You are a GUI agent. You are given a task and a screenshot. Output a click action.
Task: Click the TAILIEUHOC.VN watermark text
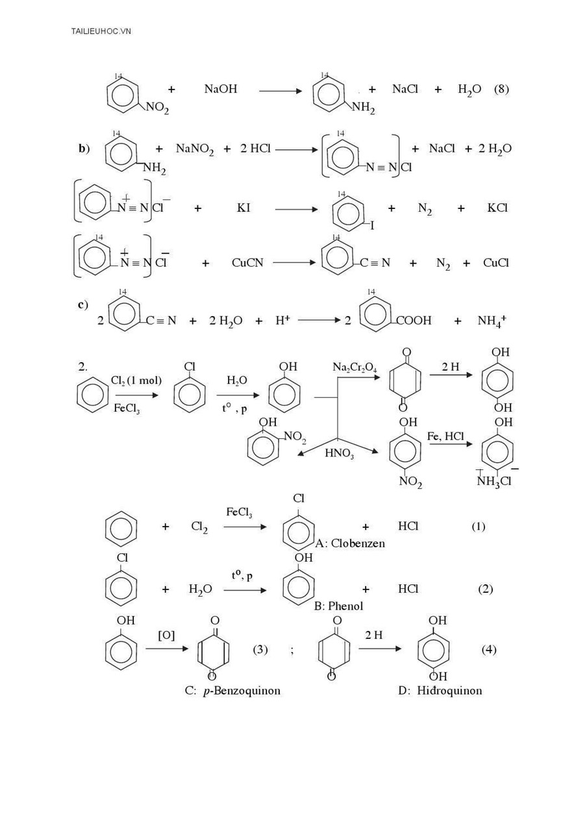click(x=101, y=31)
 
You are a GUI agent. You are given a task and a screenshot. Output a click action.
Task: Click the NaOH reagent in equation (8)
click(x=220, y=89)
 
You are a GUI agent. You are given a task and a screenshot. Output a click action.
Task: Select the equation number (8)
click(x=501, y=89)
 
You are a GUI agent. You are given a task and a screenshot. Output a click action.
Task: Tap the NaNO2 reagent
click(x=195, y=149)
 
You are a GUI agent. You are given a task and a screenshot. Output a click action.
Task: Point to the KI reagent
click(x=244, y=208)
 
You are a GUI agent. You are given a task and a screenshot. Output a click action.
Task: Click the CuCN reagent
click(x=247, y=263)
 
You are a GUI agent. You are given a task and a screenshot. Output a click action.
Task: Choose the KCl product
click(x=497, y=208)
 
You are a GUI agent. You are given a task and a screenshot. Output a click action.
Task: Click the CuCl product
click(x=495, y=263)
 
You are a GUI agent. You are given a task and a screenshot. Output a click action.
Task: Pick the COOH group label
click(x=414, y=320)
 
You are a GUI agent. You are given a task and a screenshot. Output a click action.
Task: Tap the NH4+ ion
click(x=492, y=321)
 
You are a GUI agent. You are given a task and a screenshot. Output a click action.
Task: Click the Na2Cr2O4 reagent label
click(x=355, y=367)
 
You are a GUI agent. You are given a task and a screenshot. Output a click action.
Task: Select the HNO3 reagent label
click(x=339, y=453)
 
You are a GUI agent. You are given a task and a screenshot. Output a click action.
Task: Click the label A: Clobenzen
click(x=350, y=543)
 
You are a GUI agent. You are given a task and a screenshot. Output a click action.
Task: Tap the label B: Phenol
click(x=338, y=606)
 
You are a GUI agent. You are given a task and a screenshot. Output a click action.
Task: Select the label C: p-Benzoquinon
click(x=232, y=691)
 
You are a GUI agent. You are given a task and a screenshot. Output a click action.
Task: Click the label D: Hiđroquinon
click(x=440, y=690)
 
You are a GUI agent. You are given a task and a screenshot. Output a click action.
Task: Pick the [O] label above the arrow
click(x=166, y=636)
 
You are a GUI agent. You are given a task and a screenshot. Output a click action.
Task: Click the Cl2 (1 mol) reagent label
click(x=136, y=380)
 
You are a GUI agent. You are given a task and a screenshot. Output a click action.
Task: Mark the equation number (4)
click(x=489, y=650)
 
